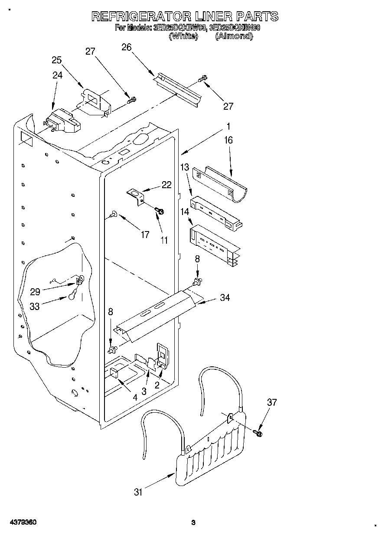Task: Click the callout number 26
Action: point(126,47)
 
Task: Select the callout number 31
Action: point(138,492)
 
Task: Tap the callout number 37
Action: point(271,403)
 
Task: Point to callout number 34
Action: point(225,297)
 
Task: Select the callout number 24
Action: point(57,75)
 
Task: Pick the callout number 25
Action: point(57,60)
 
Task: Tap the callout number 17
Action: point(145,235)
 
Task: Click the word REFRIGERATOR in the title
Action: point(141,16)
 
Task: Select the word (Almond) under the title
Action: point(234,36)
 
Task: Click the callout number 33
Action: point(34,306)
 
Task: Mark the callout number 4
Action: point(135,397)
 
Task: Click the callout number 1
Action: point(228,127)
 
